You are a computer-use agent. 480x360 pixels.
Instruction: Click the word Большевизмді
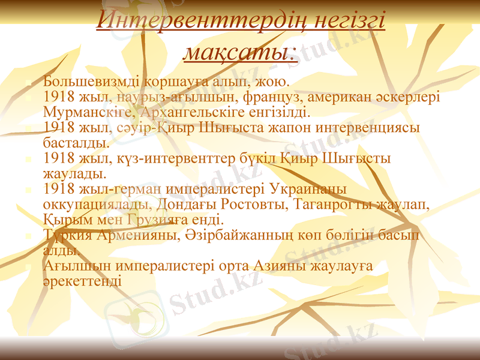click(84, 80)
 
